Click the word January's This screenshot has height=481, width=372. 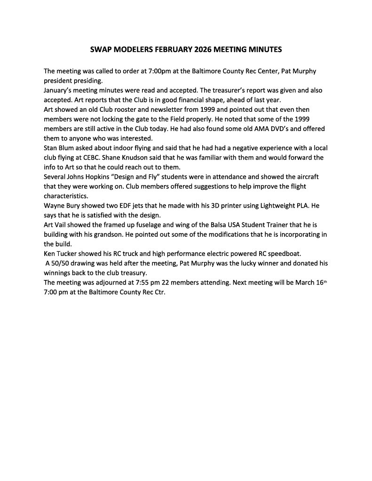(x=60, y=90)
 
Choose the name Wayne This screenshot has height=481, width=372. (x=55, y=206)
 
